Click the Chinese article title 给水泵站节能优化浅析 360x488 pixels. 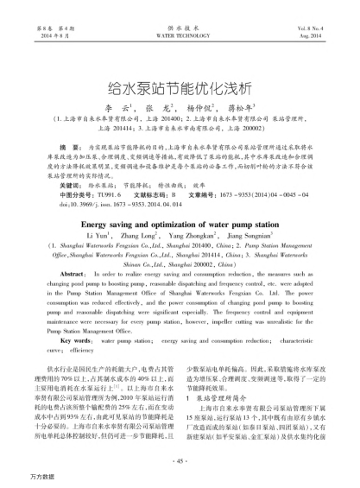click(x=180, y=88)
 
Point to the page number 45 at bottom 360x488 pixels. click(x=180, y=460)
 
